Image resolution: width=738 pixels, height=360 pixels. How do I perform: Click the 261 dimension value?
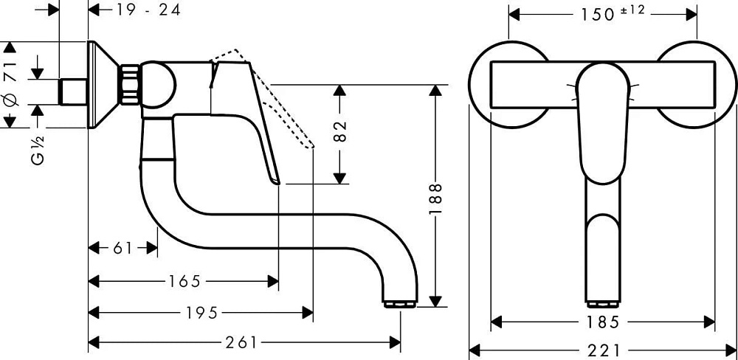pyautogui.click(x=241, y=343)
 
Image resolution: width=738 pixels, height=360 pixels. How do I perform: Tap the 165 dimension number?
pyautogui.click(x=185, y=281)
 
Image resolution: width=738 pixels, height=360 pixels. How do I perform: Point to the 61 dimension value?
pyautogui.click(x=123, y=248)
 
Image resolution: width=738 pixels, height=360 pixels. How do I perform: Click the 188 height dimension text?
pyautogui.click(x=435, y=198)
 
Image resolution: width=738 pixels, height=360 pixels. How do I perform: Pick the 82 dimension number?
pyautogui.click(x=340, y=131)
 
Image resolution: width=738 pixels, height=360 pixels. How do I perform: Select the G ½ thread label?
pyautogui.click(x=38, y=150)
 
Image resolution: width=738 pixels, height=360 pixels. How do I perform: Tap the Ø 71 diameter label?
pyautogui.click(x=10, y=84)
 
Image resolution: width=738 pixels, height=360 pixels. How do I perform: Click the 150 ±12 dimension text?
pyautogui.click(x=612, y=13)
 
